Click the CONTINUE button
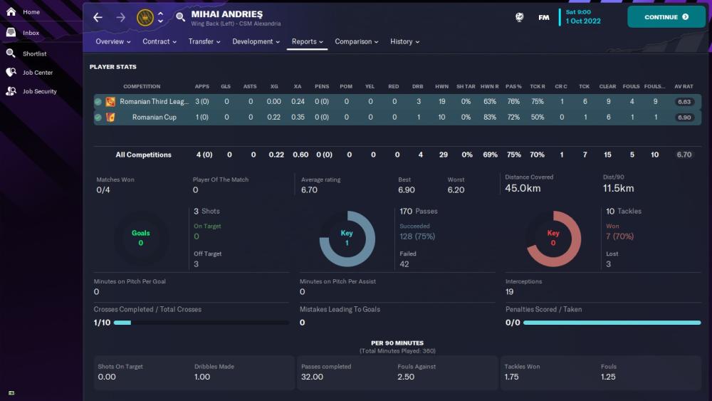(x=666, y=17)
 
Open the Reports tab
(x=307, y=41)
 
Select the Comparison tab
(x=357, y=41)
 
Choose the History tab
(x=404, y=41)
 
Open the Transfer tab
(x=204, y=41)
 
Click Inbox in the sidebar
(x=31, y=33)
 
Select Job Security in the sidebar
(x=39, y=91)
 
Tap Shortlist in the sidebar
(x=34, y=53)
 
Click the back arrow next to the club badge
(x=98, y=17)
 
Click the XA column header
(x=298, y=86)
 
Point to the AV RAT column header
(x=684, y=86)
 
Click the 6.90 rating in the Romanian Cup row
(x=684, y=118)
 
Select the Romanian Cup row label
(x=154, y=118)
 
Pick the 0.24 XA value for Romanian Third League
(x=298, y=102)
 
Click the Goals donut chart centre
(x=141, y=238)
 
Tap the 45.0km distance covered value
(x=522, y=189)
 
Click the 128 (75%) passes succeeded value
(x=417, y=236)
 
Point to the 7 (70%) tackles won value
(x=620, y=236)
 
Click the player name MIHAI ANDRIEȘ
(x=226, y=14)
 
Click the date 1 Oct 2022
(x=583, y=21)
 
